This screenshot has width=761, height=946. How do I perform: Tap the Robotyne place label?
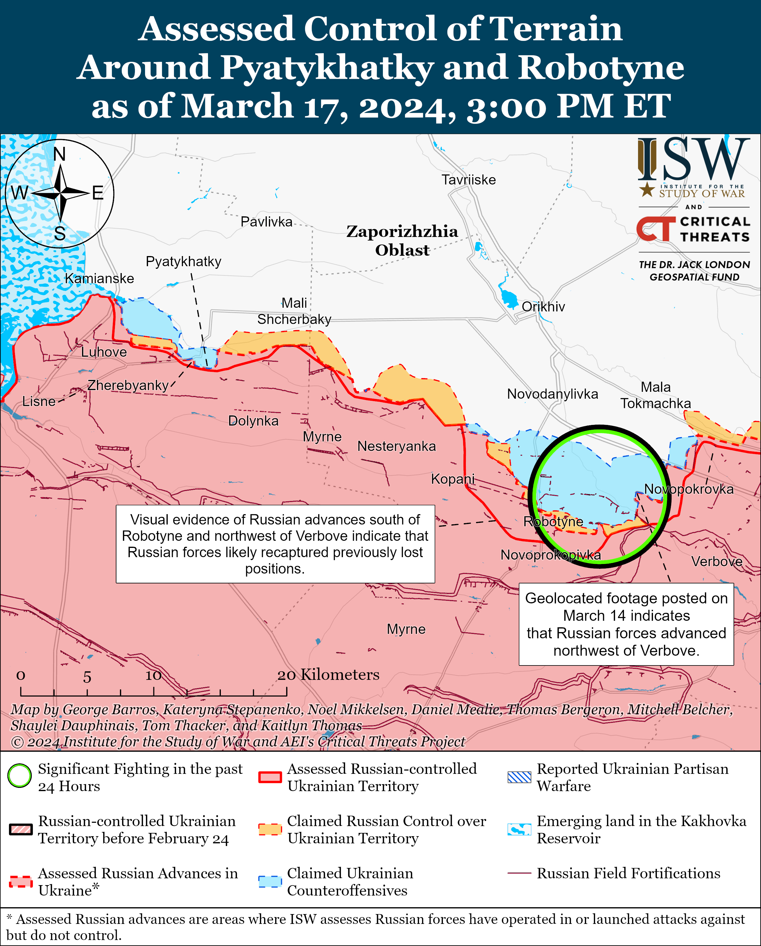coord(553,522)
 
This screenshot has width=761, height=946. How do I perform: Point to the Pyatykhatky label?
coord(184,261)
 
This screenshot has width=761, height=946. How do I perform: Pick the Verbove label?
coord(717,561)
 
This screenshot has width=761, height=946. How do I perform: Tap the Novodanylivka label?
coord(552,394)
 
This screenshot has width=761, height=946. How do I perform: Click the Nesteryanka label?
coord(396,446)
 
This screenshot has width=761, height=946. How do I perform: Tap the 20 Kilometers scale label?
coord(328,675)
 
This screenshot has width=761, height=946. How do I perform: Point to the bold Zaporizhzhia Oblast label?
coord(402,241)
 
